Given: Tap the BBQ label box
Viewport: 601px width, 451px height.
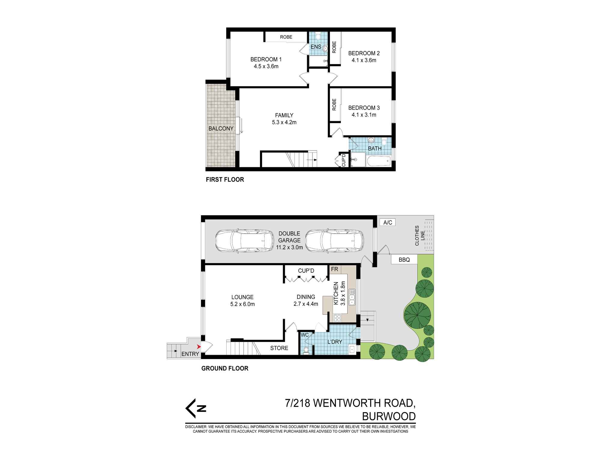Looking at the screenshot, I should tap(404, 260).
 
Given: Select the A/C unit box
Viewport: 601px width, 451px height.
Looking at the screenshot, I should tap(388, 222).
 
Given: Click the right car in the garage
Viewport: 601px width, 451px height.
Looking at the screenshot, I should tap(334, 241).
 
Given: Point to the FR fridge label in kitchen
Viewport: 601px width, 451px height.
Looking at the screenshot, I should tap(334, 269).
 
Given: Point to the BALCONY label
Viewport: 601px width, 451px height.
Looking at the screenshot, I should tap(221, 129).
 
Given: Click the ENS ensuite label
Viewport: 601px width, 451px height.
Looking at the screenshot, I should tap(316, 47).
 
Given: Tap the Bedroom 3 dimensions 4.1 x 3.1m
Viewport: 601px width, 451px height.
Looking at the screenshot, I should tap(364, 115).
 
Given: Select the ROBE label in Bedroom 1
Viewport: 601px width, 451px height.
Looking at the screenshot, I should tap(286, 37).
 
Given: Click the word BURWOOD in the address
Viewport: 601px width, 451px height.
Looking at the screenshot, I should tap(389, 416).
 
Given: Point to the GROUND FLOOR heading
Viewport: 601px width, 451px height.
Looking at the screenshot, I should tap(225, 368).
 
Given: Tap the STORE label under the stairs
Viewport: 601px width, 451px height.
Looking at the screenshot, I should tap(279, 348).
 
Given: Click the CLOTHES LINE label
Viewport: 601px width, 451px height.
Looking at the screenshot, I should tap(420, 235).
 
